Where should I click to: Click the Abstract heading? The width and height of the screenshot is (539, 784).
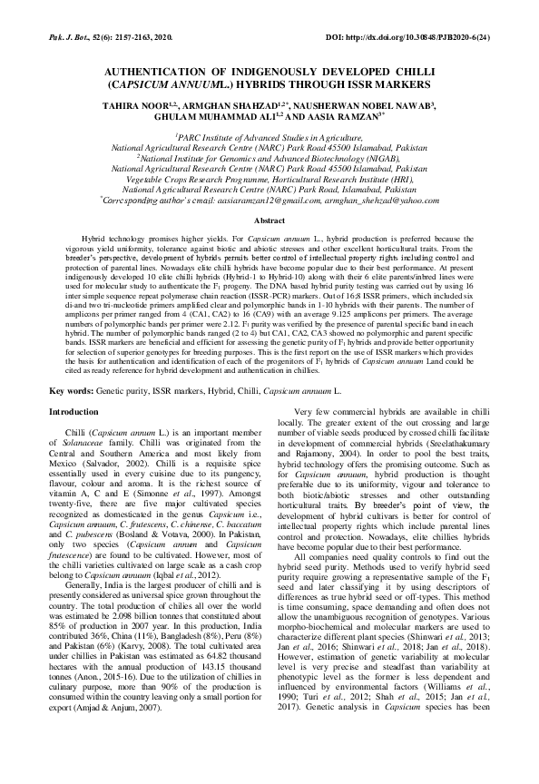click(269, 220)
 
